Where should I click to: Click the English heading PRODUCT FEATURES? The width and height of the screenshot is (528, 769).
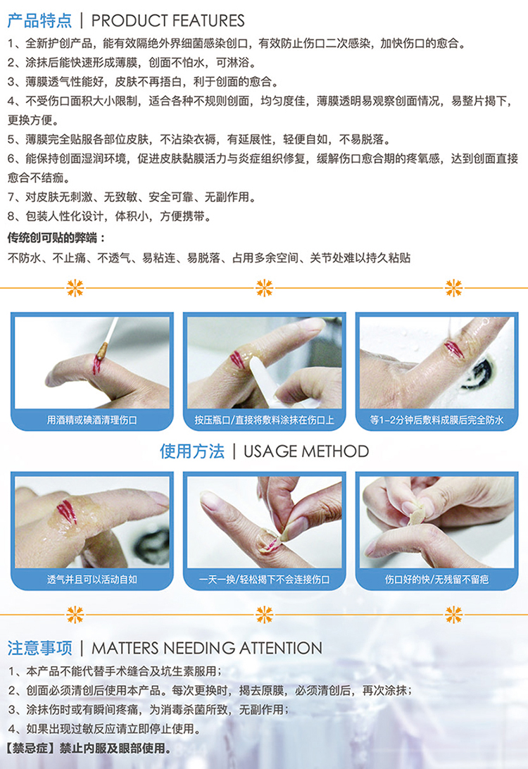point(168,20)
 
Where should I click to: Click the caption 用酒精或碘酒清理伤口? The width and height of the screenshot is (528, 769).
point(92,420)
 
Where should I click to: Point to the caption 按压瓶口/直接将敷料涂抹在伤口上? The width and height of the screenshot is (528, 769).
point(264,420)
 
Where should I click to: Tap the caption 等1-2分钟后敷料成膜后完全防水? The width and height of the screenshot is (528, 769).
point(436,420)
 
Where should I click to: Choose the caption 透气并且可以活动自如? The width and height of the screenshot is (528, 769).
point(92,580)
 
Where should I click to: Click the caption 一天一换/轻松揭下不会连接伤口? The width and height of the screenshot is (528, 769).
point(264,580)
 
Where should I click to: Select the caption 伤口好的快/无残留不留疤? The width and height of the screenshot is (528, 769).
point(436,580)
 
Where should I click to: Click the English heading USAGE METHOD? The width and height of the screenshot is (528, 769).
point(306,451)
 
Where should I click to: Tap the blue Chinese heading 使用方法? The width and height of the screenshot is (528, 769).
point(192,451)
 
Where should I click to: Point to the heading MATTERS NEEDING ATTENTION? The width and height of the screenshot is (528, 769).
point(207,648)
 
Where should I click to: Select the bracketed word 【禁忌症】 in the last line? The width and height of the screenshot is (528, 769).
point(31,748)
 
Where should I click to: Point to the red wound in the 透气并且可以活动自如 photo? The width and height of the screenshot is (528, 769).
point(67,511)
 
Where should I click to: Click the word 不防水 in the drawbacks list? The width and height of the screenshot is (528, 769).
point(23,258)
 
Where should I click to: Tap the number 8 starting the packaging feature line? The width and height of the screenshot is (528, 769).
point(11,216)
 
